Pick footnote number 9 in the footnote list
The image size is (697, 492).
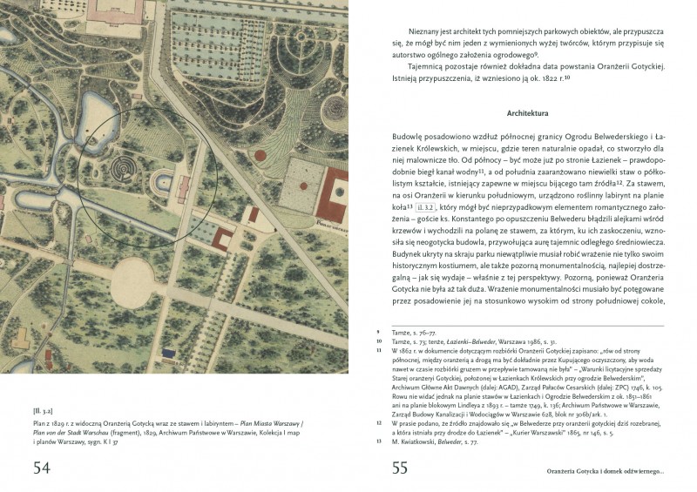click(x=378, y=332)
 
